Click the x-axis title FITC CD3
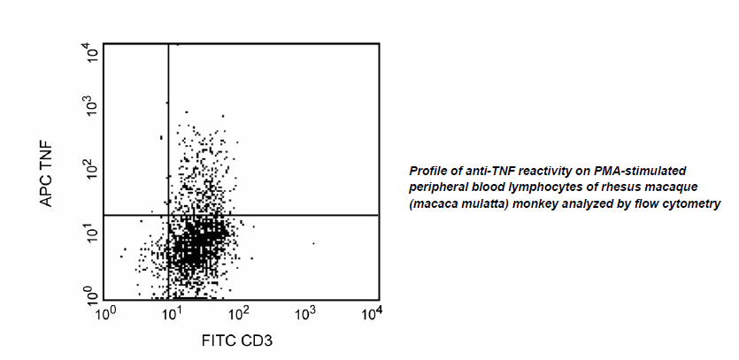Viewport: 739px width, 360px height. [x=241, y=338]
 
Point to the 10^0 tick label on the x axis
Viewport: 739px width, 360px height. [x=106, y=312]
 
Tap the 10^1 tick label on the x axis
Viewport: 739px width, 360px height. [x=173, y=312]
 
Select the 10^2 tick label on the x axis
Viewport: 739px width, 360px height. [x=239, y=312]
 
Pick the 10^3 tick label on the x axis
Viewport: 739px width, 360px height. [x=306, y=312]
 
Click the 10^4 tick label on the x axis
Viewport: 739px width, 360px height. [x=373, y=312]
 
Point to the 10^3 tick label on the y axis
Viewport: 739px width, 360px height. [x=90, y=105]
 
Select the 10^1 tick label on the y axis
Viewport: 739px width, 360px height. [x=90, y=232]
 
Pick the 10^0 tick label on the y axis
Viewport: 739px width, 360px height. [x=90, y=293]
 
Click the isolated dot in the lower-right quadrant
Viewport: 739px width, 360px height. [x=313, y=242]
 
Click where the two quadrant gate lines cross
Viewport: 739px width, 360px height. [x=168, y=215]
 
